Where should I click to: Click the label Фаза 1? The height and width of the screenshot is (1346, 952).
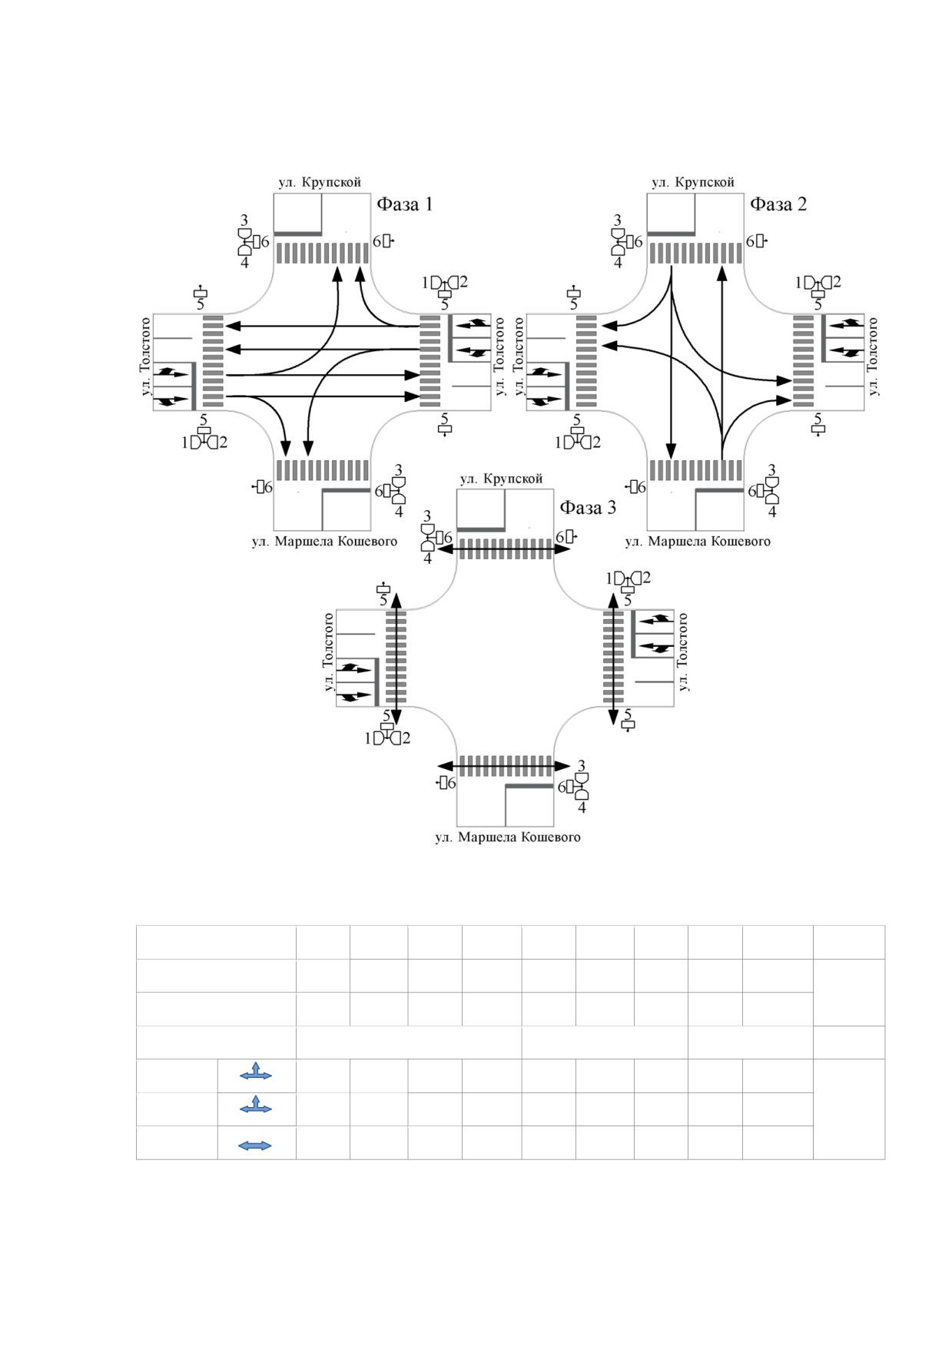click(404, 204)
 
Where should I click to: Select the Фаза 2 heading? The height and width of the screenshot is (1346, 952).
click(778, 204)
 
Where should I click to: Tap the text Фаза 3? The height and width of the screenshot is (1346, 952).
click(588, 508)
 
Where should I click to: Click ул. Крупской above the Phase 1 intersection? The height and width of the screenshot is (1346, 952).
click(320, 182)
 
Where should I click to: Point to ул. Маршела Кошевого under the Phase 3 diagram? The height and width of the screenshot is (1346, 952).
click(508, 837)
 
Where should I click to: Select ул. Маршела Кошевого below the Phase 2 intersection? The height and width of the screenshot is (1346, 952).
click(698, 541)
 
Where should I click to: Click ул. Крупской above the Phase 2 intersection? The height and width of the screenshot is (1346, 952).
click(693, 182)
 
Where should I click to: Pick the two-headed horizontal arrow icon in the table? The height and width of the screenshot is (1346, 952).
click(256, 1145)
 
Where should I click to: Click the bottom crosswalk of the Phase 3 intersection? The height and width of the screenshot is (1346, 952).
click(506, 766)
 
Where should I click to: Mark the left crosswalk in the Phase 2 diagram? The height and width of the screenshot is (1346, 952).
click(586, 361)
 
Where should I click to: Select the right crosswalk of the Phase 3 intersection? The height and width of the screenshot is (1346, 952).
click(613, 657)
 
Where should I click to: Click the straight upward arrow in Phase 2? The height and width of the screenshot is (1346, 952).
click(721, 361)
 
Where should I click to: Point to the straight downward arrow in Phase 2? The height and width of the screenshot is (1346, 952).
click(672, 361)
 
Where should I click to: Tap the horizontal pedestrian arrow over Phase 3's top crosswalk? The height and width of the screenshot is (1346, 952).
click(506, 549)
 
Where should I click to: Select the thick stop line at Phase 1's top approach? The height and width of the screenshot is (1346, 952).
click(298, 233)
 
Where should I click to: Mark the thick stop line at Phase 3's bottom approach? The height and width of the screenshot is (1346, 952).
click(529, 787)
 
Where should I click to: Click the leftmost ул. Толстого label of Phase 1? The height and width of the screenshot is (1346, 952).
click(145, 356)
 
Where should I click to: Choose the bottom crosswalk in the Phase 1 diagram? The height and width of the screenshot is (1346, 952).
click(323, 470)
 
